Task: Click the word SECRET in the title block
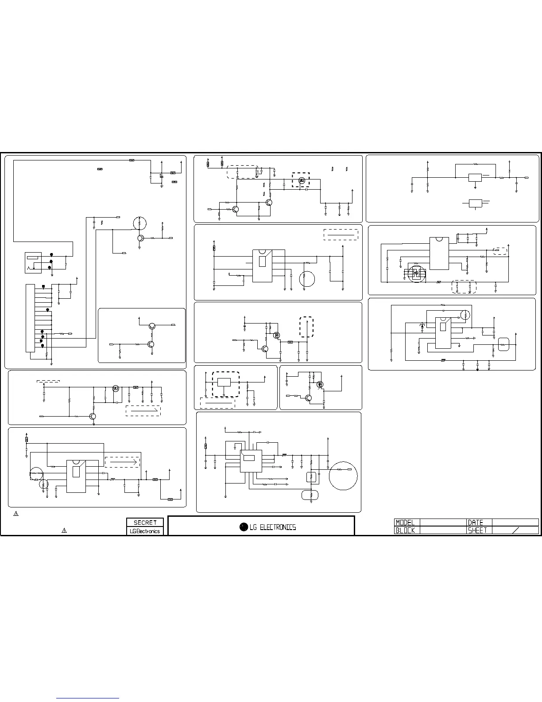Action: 145,523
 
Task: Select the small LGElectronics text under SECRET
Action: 145,531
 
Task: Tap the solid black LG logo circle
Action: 244,527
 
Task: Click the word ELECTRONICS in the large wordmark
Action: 278,527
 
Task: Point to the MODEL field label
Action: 405,523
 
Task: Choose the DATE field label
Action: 476,523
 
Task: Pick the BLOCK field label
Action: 405,530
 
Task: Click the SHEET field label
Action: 477,530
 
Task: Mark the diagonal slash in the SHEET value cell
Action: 516,530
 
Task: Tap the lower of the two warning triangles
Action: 64,530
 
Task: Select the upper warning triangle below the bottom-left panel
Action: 16,514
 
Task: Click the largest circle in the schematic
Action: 343,476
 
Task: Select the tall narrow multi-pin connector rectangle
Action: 31,318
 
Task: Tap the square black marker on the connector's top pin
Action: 43,287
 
